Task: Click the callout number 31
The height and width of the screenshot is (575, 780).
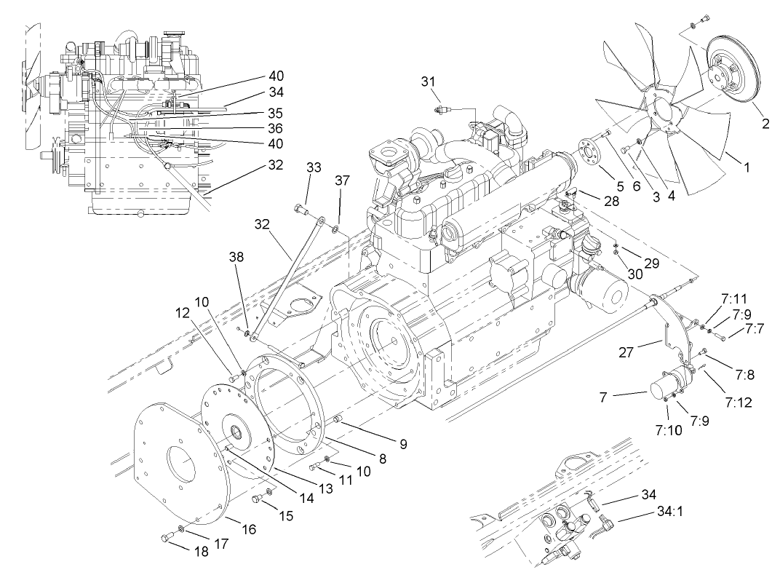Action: [x=430, y=82]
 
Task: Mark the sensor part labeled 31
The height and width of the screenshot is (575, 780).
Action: [x=439, y=110]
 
